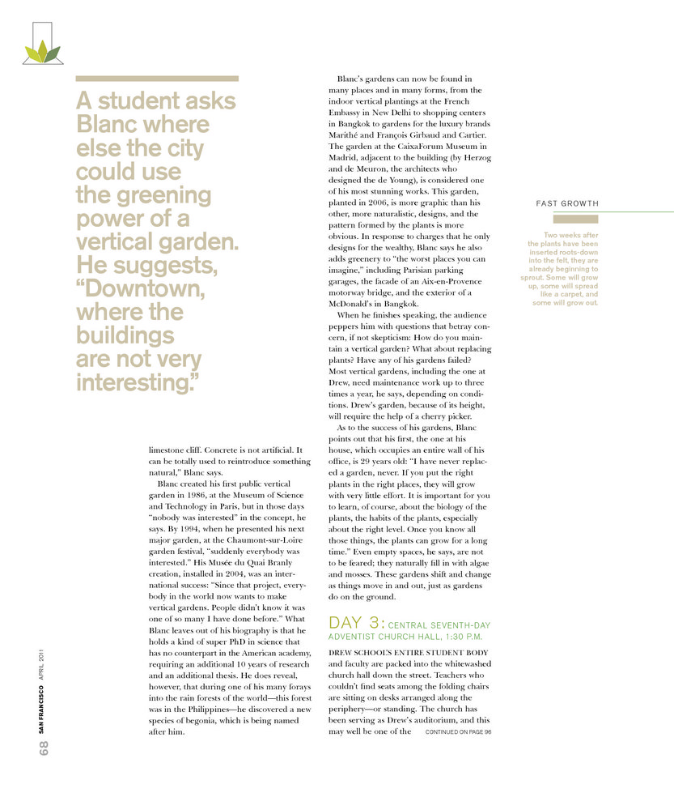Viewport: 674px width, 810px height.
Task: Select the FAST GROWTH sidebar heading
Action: [567, 203]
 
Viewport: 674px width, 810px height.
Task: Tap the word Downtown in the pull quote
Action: [145, 289]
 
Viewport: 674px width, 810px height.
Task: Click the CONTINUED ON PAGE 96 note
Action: [458, 731]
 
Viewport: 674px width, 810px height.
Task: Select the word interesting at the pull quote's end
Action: [137, 382]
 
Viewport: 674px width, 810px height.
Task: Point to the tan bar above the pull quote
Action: [157, 79]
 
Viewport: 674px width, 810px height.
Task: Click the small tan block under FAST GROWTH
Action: [575, 219]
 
